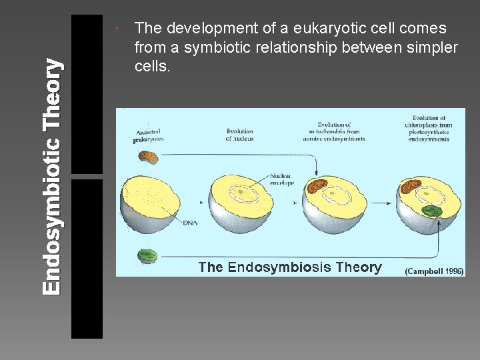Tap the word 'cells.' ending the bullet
[153, 67]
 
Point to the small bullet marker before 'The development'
[116, 29]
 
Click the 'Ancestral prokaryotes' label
[147, 136]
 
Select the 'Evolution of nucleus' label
[239, 135]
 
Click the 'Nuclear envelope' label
[282, 179]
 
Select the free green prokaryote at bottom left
[148, 255]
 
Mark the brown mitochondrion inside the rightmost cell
[408, 186]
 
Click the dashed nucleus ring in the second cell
[241, 193]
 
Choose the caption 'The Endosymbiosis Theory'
[290, 268]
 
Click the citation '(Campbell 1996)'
[434, 271]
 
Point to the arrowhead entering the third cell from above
[312, 173]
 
